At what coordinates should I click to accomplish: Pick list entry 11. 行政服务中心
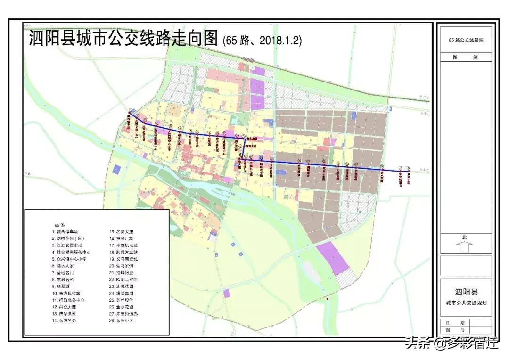click(68, 300)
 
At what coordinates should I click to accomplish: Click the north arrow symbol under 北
click(464, 246)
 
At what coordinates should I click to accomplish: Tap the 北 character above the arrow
click(464, 237)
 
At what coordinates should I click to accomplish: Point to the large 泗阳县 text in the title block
click(465, 286)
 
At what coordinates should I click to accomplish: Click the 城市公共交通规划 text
click(466, 302)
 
